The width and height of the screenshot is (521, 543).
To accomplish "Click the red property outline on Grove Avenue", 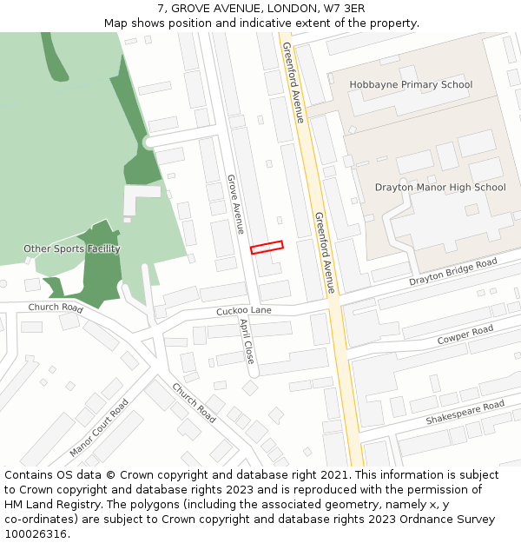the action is pyautogui.click(x=267, y=248).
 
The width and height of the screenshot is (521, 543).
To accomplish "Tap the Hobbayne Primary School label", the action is pyautogui.click(x=411, y=84).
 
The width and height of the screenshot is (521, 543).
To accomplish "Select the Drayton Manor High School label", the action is pyautogui.click(x=439, y=187).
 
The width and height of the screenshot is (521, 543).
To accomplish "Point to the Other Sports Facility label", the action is pyautogui.click(x=71, y=249).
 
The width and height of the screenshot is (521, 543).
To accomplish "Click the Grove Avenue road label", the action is pyautogui.click(x=234, y=203).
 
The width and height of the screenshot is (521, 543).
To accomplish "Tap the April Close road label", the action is pyautogui.click(x=247, y=341).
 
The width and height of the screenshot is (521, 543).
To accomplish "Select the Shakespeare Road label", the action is pyautogui.click(x=465, y=413).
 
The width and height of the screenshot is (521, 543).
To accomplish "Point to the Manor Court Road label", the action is pyautogui.click(x=99, y=427).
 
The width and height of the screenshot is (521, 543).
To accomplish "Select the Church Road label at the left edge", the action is pyautogui.click(x=55, y=308).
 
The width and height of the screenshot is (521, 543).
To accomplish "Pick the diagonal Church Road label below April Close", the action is pyautogui.click(x=194, y=402).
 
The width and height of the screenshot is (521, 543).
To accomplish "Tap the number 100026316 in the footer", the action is pyautogui.click(x=36, y=533).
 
